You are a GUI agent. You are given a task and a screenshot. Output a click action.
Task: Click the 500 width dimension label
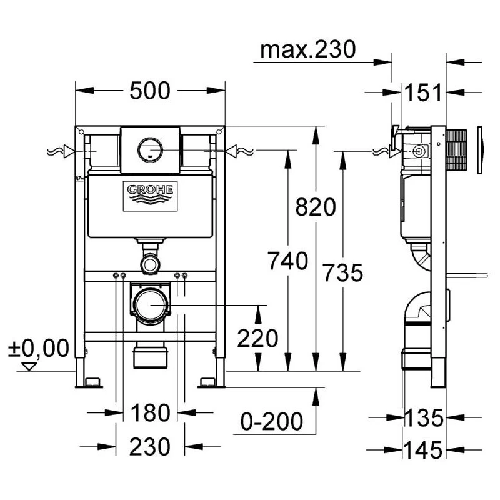(x=150, y=91)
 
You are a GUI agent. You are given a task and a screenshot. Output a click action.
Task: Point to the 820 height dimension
(x=316, y=206)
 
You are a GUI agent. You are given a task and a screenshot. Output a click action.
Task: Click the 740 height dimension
(x=288, y=261)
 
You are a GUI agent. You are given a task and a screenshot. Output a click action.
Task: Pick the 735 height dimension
(x=342, y=272)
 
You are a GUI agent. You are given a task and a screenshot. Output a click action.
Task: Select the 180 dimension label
(x=150, y=412)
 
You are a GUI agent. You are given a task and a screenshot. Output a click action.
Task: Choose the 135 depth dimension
(x=424, y=416)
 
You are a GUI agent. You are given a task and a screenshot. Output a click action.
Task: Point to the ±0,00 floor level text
(x=39, y=347)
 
